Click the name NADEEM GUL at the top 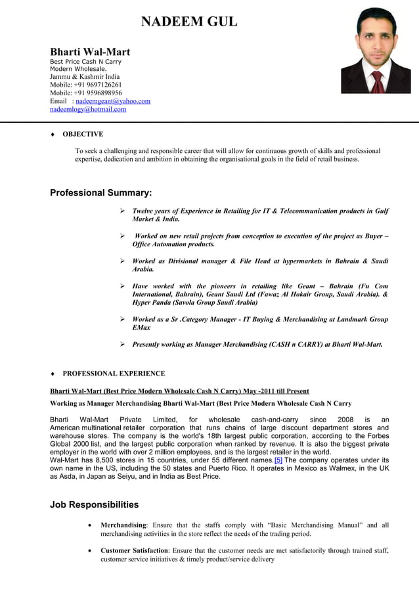coord(190,23)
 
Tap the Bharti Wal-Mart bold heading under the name coord(90,52)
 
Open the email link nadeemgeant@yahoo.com coord(113,101)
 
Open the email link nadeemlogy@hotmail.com coord(88,110)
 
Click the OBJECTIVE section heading coord(82,134)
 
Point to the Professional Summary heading coord(101,193)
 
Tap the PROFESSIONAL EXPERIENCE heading coord(114,374)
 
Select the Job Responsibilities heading coord(94,505)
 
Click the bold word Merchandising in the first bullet coord(123,525)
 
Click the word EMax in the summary coord(141,327)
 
